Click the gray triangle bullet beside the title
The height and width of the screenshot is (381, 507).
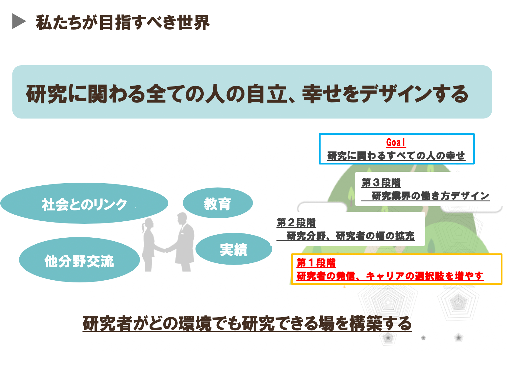[18, 21]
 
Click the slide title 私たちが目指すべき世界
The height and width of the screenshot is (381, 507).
[123, 22]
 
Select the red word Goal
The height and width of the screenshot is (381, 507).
[396, 142]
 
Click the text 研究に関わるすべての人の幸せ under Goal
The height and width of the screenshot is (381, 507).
[396, 155]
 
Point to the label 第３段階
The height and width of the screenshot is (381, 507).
[381, 183]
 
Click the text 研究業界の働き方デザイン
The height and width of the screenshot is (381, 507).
[430, 196]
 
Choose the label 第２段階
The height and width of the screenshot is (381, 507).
[296, 223]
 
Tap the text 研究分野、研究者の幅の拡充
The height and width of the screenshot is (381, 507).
[350, 236]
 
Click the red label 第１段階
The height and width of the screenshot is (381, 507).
[316, 263]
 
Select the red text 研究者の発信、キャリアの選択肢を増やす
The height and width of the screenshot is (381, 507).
[390, 276]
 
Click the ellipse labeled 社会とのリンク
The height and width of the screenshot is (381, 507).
[84, 203]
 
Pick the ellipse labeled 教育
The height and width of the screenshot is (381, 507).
[218, 203]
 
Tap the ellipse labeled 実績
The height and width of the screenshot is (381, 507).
[234, 249]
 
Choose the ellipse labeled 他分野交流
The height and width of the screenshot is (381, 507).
[79, 260]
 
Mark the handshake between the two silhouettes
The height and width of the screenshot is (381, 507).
[167, 250]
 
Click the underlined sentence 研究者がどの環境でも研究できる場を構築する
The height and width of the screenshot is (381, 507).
[247, 324]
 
